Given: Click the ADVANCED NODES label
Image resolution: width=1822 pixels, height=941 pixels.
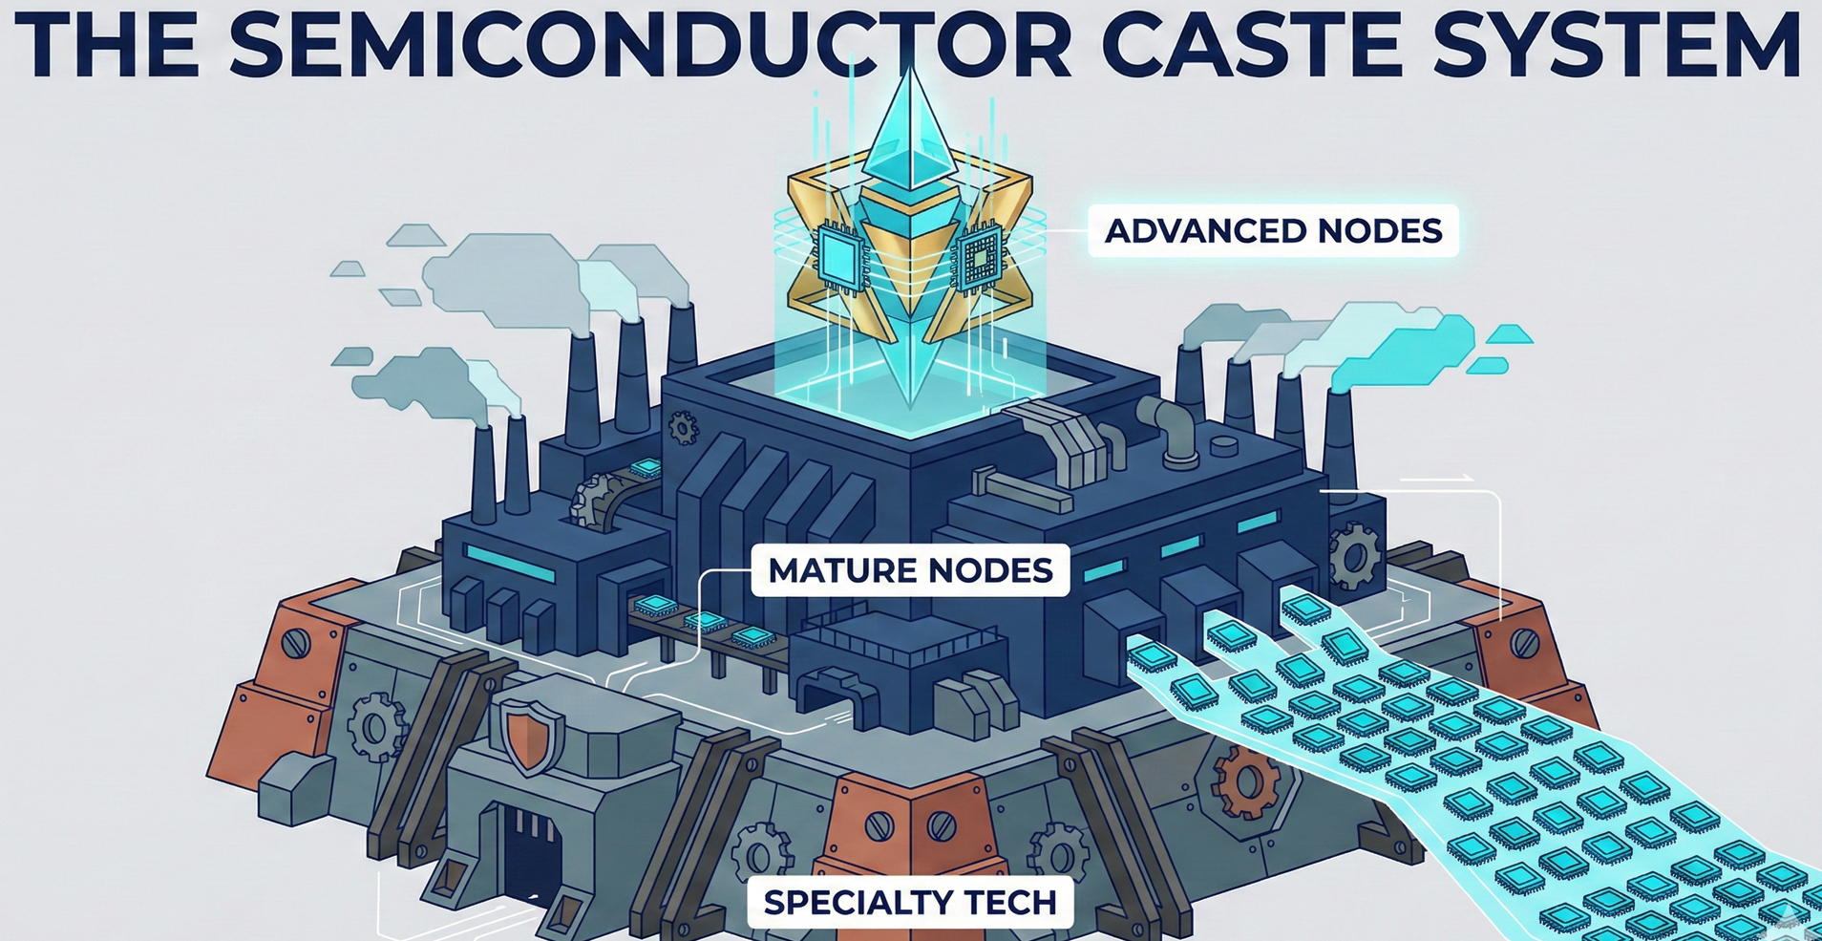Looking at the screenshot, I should point(1273,230).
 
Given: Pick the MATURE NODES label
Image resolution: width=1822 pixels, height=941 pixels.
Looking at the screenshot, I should point(910,570).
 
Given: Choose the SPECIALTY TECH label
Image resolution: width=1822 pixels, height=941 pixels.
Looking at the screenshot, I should point(910,902).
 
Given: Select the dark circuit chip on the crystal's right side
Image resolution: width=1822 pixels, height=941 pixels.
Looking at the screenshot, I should point(980,257).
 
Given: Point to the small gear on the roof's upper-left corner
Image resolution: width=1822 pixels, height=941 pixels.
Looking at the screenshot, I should point(682,428).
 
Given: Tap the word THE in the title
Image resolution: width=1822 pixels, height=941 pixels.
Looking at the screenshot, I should point(107,45).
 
